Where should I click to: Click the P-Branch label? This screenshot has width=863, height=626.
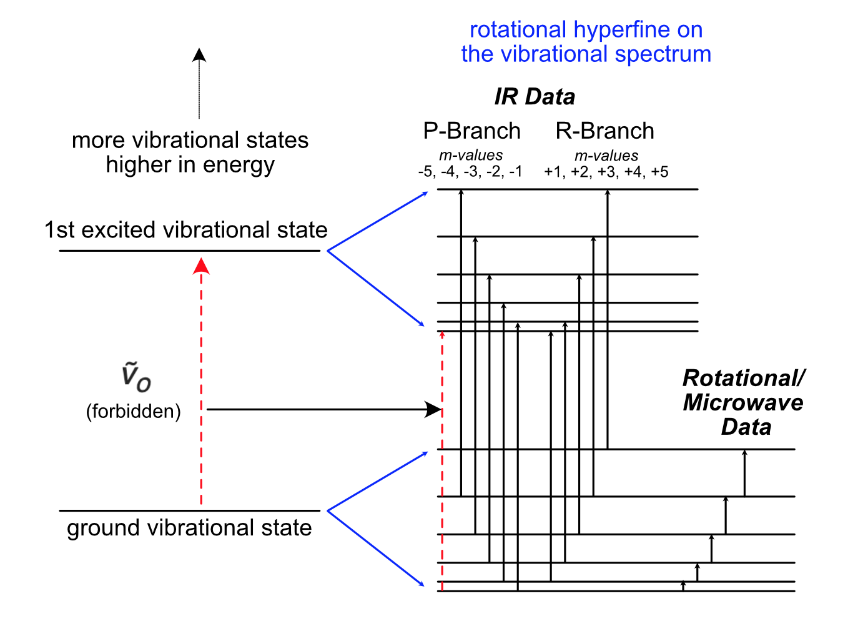[x=471, y=131]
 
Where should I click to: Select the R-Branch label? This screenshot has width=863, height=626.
[x=604, y=131]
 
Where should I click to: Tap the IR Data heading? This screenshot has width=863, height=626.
[x=535, y=97]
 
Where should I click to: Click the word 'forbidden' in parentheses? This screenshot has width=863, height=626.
[x=134, y=411]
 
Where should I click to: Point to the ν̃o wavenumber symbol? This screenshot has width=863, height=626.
[x=136, y=377]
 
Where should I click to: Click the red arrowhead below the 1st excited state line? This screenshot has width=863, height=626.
[x=201, y=266]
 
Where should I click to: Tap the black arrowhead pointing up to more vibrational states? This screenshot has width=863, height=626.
[x=199, y=55]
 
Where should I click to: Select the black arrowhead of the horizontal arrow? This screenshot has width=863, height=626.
[x=433, y=410]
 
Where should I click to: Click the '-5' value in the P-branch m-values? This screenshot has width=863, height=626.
[x=426, y=172]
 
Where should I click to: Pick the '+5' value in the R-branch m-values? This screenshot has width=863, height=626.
[x=659, y=172]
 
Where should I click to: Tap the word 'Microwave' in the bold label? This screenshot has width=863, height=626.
[x=743, y=402]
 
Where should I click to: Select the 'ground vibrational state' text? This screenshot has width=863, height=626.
[x=189, y=528]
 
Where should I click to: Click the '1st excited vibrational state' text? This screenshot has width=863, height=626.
[x=186, y=230]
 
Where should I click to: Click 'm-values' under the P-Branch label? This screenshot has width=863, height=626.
[x=471, y=156]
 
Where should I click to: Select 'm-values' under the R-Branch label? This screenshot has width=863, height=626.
[x=606, y=156]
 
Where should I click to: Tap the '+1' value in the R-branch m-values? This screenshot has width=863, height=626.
[x=553, y=172]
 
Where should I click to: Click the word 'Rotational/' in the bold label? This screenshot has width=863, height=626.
[x=744, y=378]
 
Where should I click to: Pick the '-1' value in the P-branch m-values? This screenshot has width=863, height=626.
[x=515, y=172]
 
